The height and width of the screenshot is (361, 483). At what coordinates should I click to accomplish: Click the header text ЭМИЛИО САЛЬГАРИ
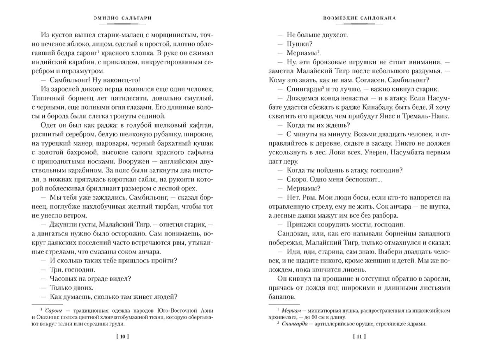click(123, 18)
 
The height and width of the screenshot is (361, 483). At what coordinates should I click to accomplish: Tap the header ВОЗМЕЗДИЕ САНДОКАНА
click(359, 18)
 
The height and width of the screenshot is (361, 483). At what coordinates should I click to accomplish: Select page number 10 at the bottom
click(123, 336)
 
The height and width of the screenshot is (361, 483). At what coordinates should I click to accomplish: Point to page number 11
click(359, 336)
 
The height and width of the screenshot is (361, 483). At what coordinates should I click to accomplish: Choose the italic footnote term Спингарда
click(295, 324)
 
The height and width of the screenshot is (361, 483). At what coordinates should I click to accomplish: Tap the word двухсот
click(332, 35)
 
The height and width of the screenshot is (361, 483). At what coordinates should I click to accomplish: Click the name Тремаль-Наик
click(429, 116)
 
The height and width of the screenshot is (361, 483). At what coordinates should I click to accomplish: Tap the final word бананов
click(281, 297)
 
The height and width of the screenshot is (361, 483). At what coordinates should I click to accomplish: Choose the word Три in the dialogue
click(55, 270)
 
